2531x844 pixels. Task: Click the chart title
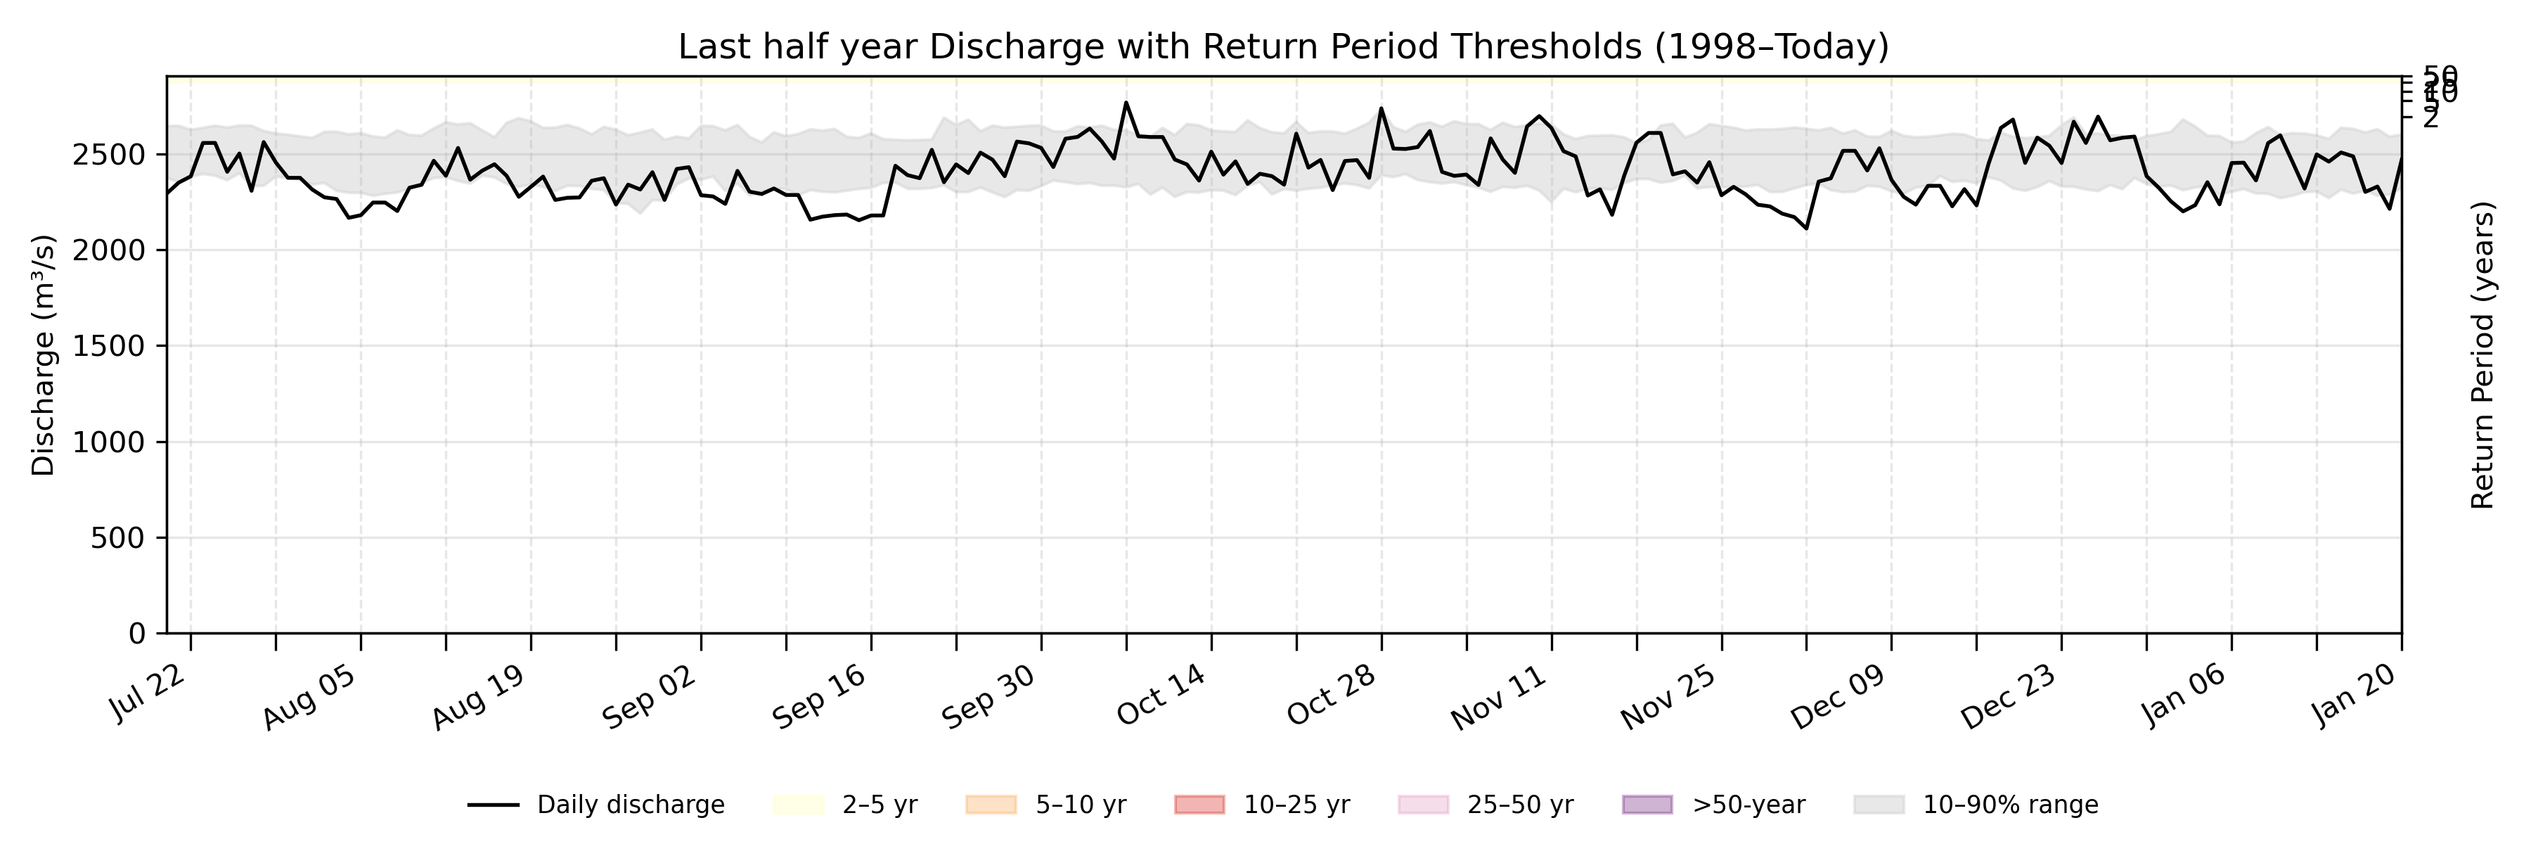(x=1283, y=46)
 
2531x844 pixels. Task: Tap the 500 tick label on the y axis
(x=117, y=539)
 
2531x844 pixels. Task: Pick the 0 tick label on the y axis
(x=136, y=634)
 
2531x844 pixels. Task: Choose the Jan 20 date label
(x=2353, y=696)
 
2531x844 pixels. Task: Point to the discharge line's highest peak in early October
(x=1126, y=102)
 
